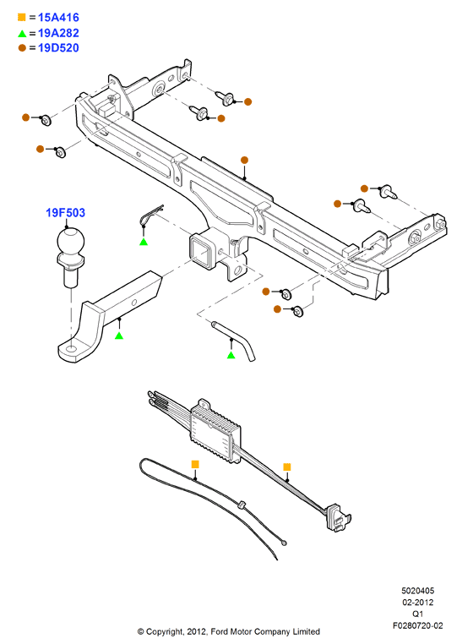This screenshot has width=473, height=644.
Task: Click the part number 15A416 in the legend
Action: (58, 17)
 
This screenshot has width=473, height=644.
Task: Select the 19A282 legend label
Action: (58, 33)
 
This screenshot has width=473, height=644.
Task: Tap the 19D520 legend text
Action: (58, 48)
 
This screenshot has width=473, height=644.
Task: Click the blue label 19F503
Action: (65, 213)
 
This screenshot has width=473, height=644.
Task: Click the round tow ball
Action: (71, 241)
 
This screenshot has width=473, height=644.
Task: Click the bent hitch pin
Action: (235, 340)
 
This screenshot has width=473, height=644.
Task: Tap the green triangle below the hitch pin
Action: (231, 355)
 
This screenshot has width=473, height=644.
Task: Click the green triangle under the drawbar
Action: (119, 336)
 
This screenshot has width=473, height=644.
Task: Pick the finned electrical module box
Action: (215, 431)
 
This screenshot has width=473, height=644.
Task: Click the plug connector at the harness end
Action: (338, 517)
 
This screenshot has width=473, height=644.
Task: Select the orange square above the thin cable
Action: (195, 464)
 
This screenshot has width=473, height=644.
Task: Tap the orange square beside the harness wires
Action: (287, 467)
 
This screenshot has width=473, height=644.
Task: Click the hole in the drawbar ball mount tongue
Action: (71, 350)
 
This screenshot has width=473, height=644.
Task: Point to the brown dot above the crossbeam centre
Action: (244, 161)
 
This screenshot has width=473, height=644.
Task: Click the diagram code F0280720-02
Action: (417, 625)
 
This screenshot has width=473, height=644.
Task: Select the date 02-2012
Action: (417, 603)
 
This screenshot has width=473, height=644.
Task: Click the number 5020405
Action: (417, 591)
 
